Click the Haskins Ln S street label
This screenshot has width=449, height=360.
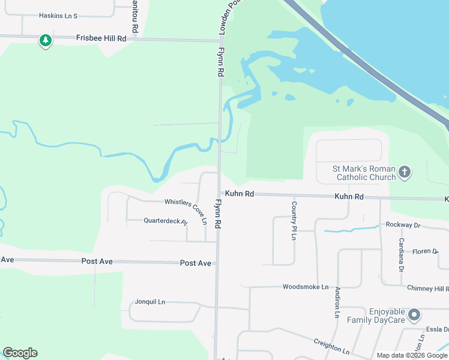pyautogui.click(x=58, y=16)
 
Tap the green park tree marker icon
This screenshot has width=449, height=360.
pyautogui.click(x=45, y=41)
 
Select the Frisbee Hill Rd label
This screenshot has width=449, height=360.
pyautogui.click(x=101, y=38)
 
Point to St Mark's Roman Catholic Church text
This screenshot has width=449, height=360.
pyautogui.click(x=364, y=173)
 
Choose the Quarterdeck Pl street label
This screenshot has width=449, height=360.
pyautogui.click(x=165, y=221)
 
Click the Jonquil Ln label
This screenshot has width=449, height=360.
pyautogui.click(x=150, y=302)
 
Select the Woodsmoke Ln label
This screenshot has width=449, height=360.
pyautogui.click(x=306, y=287)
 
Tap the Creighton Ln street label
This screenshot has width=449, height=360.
pyautogui.click(x=331, y=346)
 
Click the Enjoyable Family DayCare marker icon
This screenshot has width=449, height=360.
pyautogui.click(x=414, y=314)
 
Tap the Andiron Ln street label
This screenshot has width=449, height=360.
pyautogui.click(x=338, y=302)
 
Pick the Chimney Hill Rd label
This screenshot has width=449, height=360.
pyautogui.click(x=427, y=289)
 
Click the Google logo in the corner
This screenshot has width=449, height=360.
pyautogui.click(x=20, y=353)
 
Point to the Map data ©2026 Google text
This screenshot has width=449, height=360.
pyautogui.click(x=412, y=355)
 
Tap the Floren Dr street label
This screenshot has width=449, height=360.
pyautogui.click(x=426, y=251)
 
